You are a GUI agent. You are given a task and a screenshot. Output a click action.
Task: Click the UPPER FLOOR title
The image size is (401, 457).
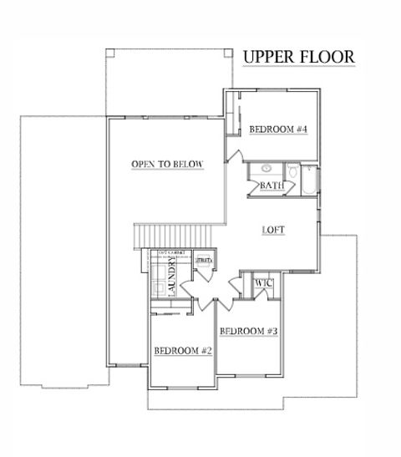[298, 57]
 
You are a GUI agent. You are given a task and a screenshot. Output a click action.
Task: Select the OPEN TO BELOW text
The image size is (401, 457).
[167, 165]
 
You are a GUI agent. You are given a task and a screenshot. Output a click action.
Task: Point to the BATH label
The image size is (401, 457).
[271, 185]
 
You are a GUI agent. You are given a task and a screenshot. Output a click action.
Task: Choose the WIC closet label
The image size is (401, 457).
[264, 284]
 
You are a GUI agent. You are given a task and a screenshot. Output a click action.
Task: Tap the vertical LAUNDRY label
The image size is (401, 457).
[172, 277]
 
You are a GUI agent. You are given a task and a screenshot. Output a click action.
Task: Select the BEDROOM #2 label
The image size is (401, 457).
[182, 351]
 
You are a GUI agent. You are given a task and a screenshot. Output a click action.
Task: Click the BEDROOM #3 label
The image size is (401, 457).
[248, 332]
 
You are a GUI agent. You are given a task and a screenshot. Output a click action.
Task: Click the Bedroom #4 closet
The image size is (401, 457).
[234, 117]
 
